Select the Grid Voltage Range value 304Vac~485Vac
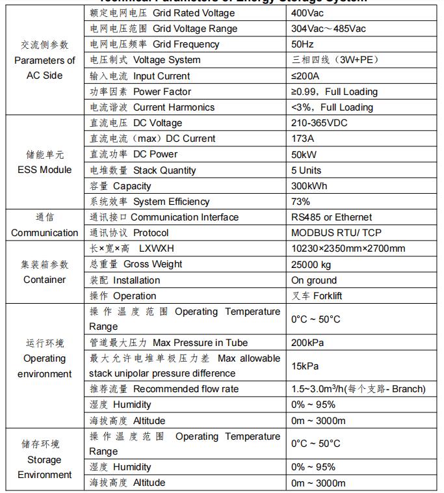pyautogui.click(x=328, y=29)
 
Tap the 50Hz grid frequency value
pyautogui.click(x=303, y=44)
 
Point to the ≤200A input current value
pyautogui.click(x=306, y=76)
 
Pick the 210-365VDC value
pyautogui.click(x=319, y=123)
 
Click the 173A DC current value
pyautogui.click(x=303, y=139)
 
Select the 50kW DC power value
pyautogui.click(x=304, y=154)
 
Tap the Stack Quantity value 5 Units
pyautogui.click(x=306, y=170)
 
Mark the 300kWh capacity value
pyautogui.click(x=309, y=186)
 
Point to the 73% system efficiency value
pyautogui.click(x=301, y=202)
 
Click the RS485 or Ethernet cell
pyautogui.click(x=332, y=217)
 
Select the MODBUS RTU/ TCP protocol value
pyautogui.click(x=335, y=233)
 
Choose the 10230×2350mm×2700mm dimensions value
pyautogui.click(x=348, y=248)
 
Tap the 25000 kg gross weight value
pyautogui.click(x=311, y=264)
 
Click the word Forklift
pyautogui.click(x=328, y=296)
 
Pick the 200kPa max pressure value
pyautogui.click(x=307, y=343)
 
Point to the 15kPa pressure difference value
pyautogui.click(x=305, y=366)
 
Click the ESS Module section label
pyautogui.click(x=45, y=170)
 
